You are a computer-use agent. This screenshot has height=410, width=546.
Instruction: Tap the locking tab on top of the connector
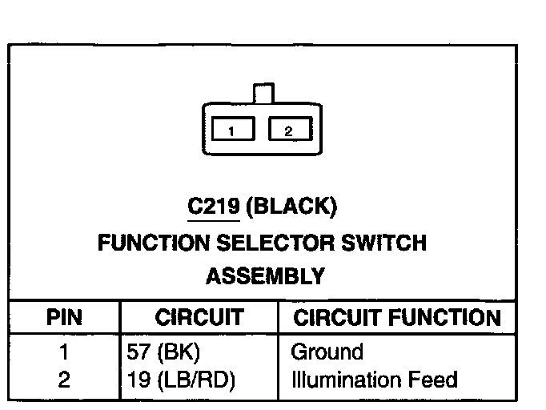point(263,93)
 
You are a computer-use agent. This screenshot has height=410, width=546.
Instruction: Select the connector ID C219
point(213,207)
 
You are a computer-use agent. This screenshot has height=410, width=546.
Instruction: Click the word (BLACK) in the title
point(291,207)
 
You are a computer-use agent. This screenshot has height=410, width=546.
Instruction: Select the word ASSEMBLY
point(265,277)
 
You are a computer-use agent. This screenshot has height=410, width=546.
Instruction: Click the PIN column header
point(65,318)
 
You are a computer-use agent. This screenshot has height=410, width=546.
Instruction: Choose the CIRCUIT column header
point(199,318)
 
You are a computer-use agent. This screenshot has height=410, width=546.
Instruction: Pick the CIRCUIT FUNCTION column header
point(397,318)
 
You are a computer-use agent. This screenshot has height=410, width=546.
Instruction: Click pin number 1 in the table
point(64,352)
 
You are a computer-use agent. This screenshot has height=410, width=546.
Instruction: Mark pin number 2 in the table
point(64,379)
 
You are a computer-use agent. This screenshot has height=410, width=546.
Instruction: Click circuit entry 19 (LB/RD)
point(181,379)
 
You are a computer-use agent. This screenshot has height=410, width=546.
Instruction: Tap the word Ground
point(327,352)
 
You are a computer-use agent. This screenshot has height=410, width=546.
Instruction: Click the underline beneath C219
point(213,219)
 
